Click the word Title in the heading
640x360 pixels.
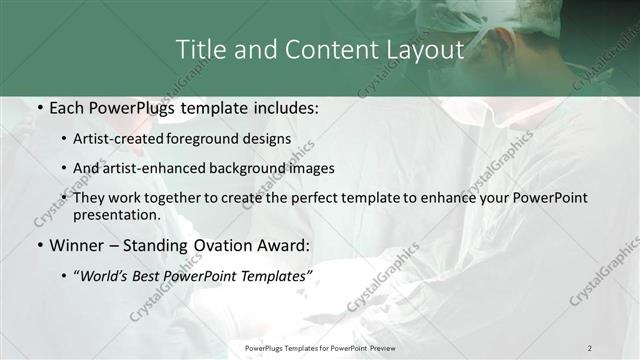pyautogui.click(x=200, y=49)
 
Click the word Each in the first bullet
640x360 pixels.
pyautogui.click(x=65, y=108)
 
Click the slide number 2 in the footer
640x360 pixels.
pyautogui.click(x=590, y=347)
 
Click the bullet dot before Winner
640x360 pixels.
pyautogui.click(x=38, y=246)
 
